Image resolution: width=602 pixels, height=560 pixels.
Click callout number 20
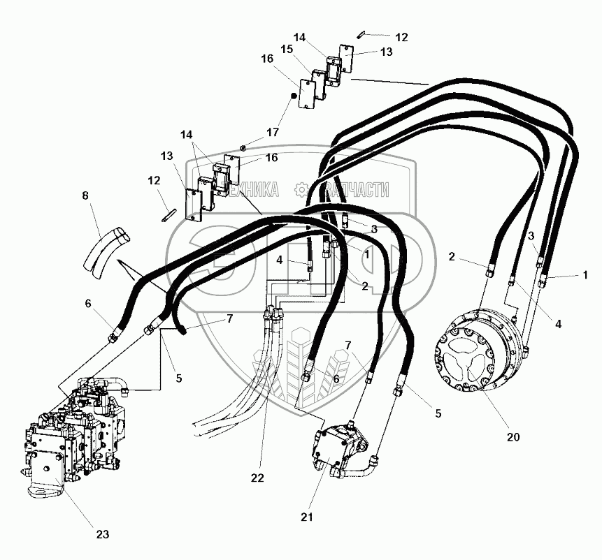[x=513, y=438]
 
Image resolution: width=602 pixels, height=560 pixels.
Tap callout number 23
[x=102, y=536]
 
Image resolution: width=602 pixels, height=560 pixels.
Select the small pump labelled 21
[x=339, y=447]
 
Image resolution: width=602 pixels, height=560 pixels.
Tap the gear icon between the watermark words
[x=301, y=189]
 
